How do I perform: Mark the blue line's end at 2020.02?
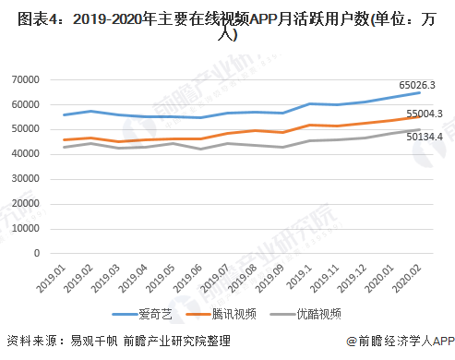(x=421, y=92)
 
